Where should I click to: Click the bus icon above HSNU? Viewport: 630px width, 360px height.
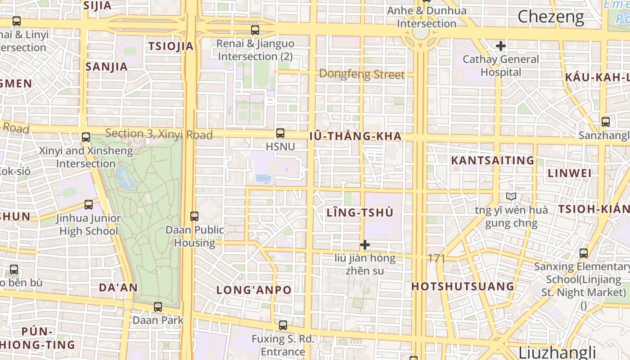[x=280, y=133]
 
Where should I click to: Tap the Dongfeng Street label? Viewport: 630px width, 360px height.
[x=362, y=74]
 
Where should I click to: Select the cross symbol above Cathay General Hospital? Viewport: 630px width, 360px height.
[x=500, y=46]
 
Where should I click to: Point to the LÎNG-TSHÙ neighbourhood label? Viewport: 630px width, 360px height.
[x=360, y=213]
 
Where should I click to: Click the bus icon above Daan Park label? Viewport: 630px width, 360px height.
[x=158, y=307]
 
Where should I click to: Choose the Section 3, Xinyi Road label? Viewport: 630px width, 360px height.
[x=158, y=134]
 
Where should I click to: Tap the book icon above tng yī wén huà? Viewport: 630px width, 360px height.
[x=511, y=197]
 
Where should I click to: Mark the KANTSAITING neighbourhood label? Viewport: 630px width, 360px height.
[x=493, y=161]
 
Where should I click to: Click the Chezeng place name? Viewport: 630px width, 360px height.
[x=550, y=17]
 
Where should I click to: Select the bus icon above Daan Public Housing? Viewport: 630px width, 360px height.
[x=194, y=216]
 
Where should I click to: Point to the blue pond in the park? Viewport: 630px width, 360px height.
[x=125, y=177]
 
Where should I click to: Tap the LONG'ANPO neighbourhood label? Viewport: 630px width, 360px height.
[x=254, y=290]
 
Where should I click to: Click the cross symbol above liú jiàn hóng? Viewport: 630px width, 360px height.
[x=365, y=245]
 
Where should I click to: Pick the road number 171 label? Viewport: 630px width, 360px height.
[x=436, y=258]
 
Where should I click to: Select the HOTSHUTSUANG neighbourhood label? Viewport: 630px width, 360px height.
[x=463, y=287]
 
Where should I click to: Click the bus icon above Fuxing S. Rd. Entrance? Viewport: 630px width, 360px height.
[x=283, y=325]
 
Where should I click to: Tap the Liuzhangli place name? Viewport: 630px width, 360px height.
[x=557, y=352]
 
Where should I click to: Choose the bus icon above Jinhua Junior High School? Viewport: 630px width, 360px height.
[x=89, y=205]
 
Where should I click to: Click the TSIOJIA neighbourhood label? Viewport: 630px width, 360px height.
[x=171, y=46]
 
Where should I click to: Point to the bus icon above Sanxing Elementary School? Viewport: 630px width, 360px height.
[x=584, y=253]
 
